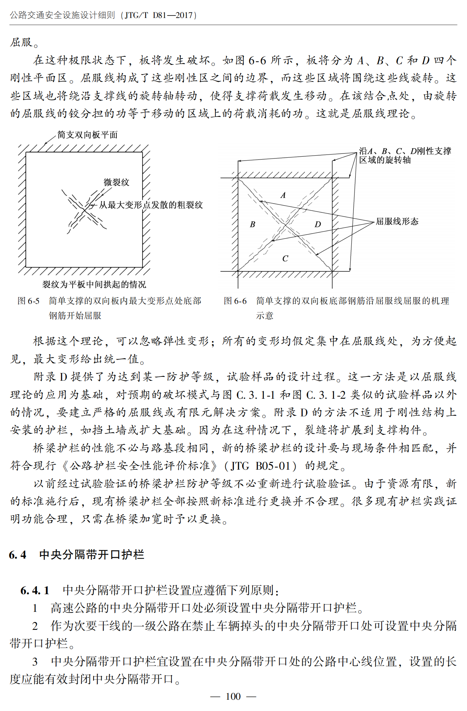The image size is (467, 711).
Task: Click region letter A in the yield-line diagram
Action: point(283,195)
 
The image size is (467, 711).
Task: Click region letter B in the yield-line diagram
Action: point(253,224)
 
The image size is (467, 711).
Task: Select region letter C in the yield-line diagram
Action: point(285,259)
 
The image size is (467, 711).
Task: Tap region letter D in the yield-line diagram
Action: point(318,224)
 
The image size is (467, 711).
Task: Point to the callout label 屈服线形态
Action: point(397,222)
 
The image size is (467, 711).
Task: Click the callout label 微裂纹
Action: point(116,182)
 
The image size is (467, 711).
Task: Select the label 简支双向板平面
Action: point(87,135)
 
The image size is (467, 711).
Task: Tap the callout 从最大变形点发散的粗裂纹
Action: point(151,205)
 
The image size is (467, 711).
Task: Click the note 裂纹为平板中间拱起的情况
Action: point(94,284)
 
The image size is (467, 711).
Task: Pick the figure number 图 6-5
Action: point(28,301)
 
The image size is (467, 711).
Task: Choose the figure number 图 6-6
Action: point(235,301)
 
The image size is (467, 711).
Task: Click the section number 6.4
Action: point(17,555)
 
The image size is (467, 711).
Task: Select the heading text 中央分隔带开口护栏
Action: point(92,555)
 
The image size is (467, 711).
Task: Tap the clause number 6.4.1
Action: point(35,590)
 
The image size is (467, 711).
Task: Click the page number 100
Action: point(233,696)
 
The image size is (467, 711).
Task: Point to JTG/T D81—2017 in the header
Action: point(159,15)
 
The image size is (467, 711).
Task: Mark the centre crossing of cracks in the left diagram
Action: point(84,210)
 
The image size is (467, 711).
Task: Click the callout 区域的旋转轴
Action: point(385,160)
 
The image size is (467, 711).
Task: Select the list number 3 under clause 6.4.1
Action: point(35,662)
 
